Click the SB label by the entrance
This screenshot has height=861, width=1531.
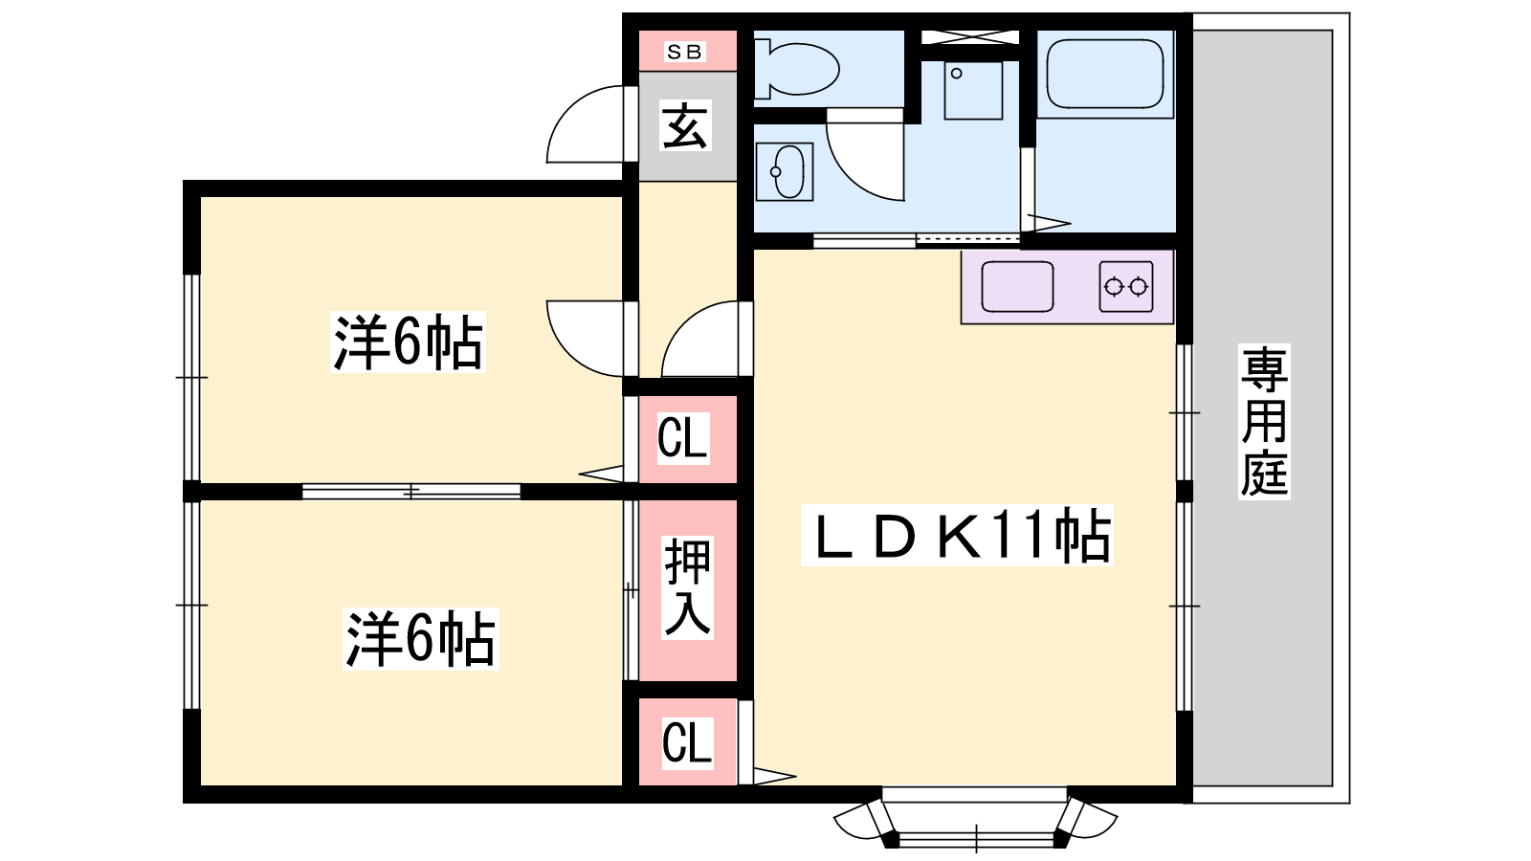click(x=684, y=52)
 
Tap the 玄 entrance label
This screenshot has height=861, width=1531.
click(x=685, y=125)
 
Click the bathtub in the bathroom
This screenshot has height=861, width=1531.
click(x=1104, y=74)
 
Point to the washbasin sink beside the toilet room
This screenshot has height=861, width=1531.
click(x=785, y=171)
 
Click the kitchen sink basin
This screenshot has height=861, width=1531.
click(x=1017, y=286)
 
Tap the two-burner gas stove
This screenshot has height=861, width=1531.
click(x=1125, y=286)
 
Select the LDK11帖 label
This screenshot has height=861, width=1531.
click(x=957, y=536)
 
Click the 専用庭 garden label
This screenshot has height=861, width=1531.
click(x=1264, y=421)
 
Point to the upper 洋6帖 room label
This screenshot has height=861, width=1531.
click(x=408, y=342)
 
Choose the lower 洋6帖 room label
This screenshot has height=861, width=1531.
click(x=420, y=639)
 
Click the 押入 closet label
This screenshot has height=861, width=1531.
click(x=688, y=587)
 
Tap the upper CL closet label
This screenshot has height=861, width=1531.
click(x=683, y=438)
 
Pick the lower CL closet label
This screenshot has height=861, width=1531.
click(x=688, y=742)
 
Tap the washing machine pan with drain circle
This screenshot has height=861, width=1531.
click(x=973, y=90)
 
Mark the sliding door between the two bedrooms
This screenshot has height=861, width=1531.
click(x=410, y=492)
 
